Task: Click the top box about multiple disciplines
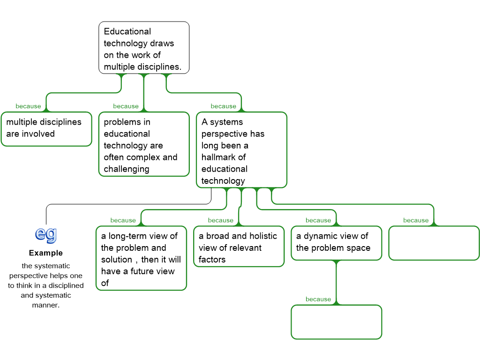click(x=143, y=48)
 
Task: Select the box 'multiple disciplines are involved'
click(x=46, y=128)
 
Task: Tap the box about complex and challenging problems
click(x=143, y=144)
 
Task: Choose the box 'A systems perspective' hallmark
click(x=241, y=150)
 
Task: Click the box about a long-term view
click(x=141, y=259)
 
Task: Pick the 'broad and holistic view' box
click(x=239, y=247)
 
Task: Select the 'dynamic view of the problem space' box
click(x=336, y=243)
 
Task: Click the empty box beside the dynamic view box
click(x=434, y=243)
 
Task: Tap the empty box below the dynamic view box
click(x=336, y=322)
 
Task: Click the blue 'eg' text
click(x=46, y=233)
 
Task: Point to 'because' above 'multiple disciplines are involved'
click(x=28, y=106)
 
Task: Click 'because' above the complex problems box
click(x=126, y=106)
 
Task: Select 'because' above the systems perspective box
click(x=223, y=106)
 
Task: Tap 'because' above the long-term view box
click(x=123, y=220)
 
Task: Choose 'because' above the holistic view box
click(x=220, y=220)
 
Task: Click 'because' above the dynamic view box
click(x=318, y=220)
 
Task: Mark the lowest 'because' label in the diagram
click(x=318, y=299)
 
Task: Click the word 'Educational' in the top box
click(x=127, y=32)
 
